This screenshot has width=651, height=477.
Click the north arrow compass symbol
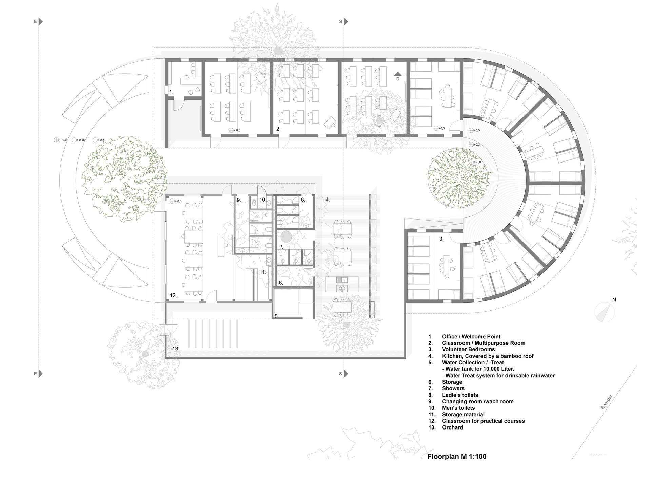(605, 311)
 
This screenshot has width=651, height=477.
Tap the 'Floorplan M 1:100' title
(457, 456)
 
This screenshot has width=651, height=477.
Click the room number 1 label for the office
(171, 92)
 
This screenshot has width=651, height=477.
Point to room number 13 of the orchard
(176, 348)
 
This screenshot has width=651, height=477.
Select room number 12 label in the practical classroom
(173, 295)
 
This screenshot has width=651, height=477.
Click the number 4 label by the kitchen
(328, 199)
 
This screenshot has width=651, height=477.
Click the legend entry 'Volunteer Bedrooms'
(468, 349)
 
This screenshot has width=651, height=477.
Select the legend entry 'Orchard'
(453, 427)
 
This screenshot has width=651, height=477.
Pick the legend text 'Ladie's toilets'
(460, 395)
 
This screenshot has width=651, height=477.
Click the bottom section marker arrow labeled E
(40, 374)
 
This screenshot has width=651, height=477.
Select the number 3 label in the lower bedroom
(441, 239)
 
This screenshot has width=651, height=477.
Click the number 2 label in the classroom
(278, 129)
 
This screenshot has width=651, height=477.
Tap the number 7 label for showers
(281, 246)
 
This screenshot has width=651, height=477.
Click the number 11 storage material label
(263, 272)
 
